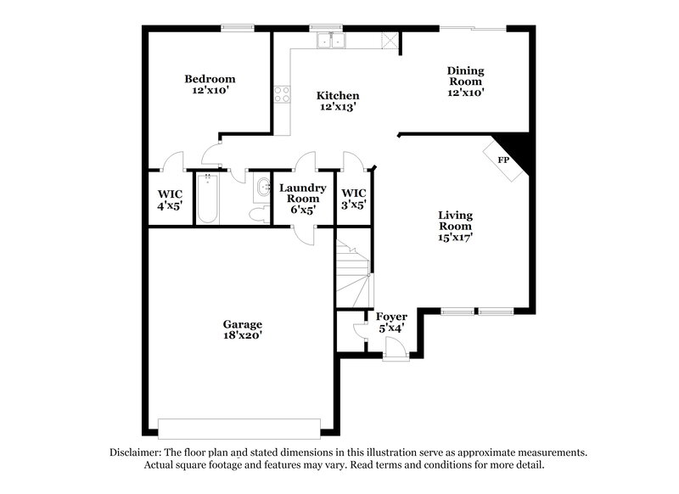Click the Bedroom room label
point(210,85)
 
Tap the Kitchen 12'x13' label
point(338,102)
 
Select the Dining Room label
point(465,81)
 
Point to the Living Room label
point(455,227)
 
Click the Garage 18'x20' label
point(242,329)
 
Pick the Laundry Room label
point(302,198)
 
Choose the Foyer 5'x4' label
point(390,323)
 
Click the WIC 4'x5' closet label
point(170,199)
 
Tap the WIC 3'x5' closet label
point(353,199)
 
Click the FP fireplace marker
point(502,160)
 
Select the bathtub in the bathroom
point(208,199)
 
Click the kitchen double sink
point(329,40)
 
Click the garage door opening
point(239,426)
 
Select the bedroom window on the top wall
point(234,28)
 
